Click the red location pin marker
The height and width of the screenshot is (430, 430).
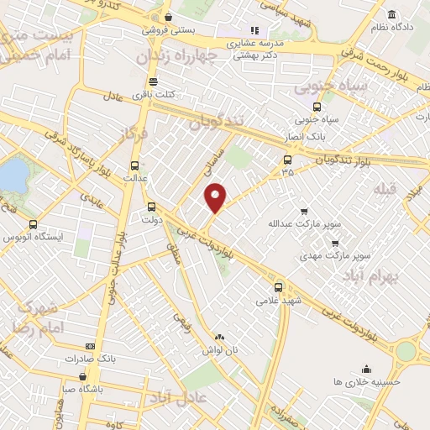click(x=216, y=197)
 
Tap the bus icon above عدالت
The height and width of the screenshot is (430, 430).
click(x=135, y=165)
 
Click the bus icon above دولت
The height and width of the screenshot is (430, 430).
click(x=151, y=207)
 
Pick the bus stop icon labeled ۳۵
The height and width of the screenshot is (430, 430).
click(x=288, y=160)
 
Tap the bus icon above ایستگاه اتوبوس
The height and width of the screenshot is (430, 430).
click(x=33, y=225)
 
